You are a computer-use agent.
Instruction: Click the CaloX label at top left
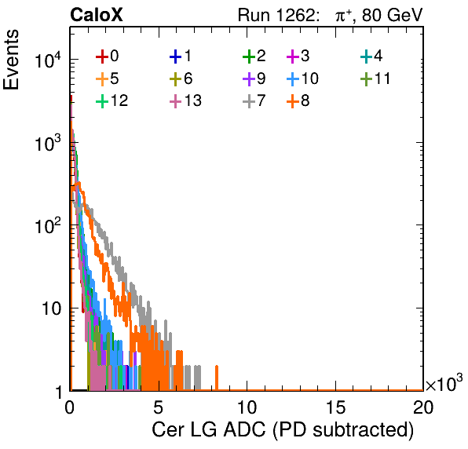pyautogui.click(x=96, y=15)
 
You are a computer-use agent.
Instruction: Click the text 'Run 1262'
pyautogui.click(x=276, y=15)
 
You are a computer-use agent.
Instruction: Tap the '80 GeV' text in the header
pyautogui.click(x=392, y=15)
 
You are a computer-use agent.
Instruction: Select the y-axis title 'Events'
pyautogui.click(x=11, y=60)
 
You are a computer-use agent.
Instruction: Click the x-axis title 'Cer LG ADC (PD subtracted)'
pyautogui.click(x=283, y=429)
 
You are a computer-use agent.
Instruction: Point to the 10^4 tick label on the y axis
pyautogui.click(x=49, y=60)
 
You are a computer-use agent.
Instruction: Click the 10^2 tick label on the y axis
pyautogui.click(x=49, y=226)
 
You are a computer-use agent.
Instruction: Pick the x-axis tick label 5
pyautogui.click(x=158, y=407)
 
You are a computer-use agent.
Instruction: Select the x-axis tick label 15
pyautogui.click(x=335, y=407)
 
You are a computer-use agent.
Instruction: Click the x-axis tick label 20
pyautogui.click(x=423, y=407)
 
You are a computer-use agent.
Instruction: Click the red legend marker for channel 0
pyautogui.click(x=102, y=57)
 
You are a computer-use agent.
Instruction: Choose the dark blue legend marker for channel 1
pyautogui.click(x=176, y=57)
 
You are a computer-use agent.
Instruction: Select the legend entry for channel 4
pyautogui.click(x=371, y=56)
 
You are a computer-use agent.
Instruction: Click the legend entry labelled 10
pyautogui.click(x=302, y=78)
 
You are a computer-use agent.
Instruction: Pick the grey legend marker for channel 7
pyautogui.click(x=249, y=101)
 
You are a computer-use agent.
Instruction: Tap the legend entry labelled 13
pyautogui.click(x=185, y=100)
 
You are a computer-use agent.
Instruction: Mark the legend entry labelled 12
pyautogui.click(x=112, y=100)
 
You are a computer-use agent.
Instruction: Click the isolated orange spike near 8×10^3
pyautogui.click(x=217, y=378)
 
